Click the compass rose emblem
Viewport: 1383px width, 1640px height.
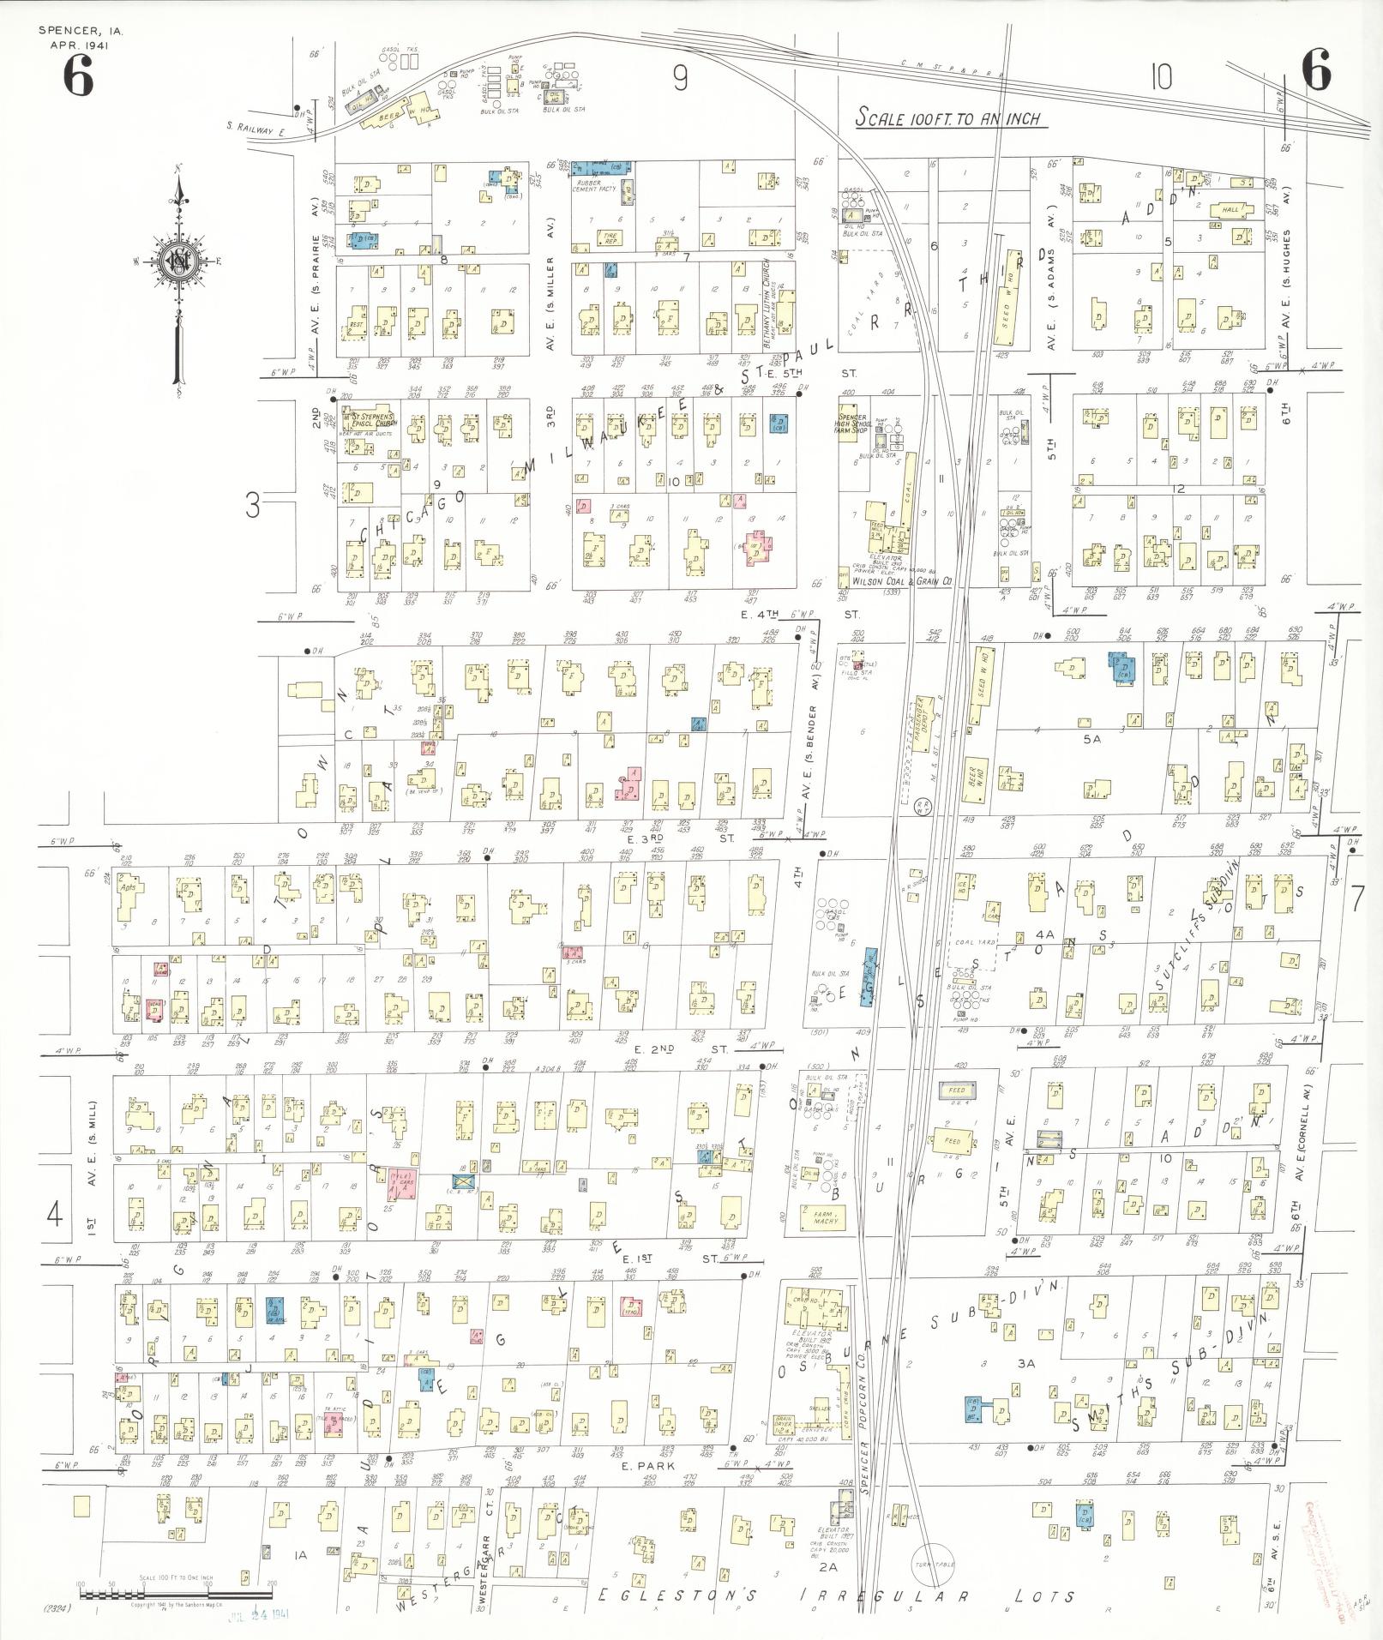click(179, 261)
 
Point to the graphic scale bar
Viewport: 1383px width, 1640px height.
click(176, 1595)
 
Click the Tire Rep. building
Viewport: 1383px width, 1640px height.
click(610, 242)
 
